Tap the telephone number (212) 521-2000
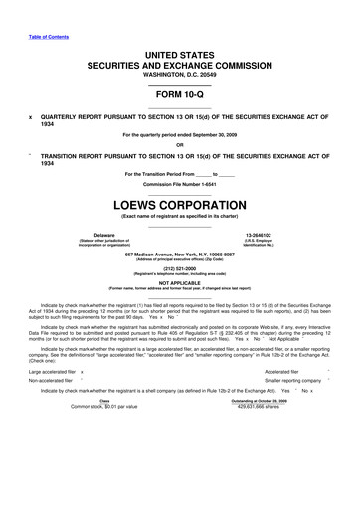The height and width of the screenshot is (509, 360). (179, 266)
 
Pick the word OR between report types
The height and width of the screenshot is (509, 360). (179, 142)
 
